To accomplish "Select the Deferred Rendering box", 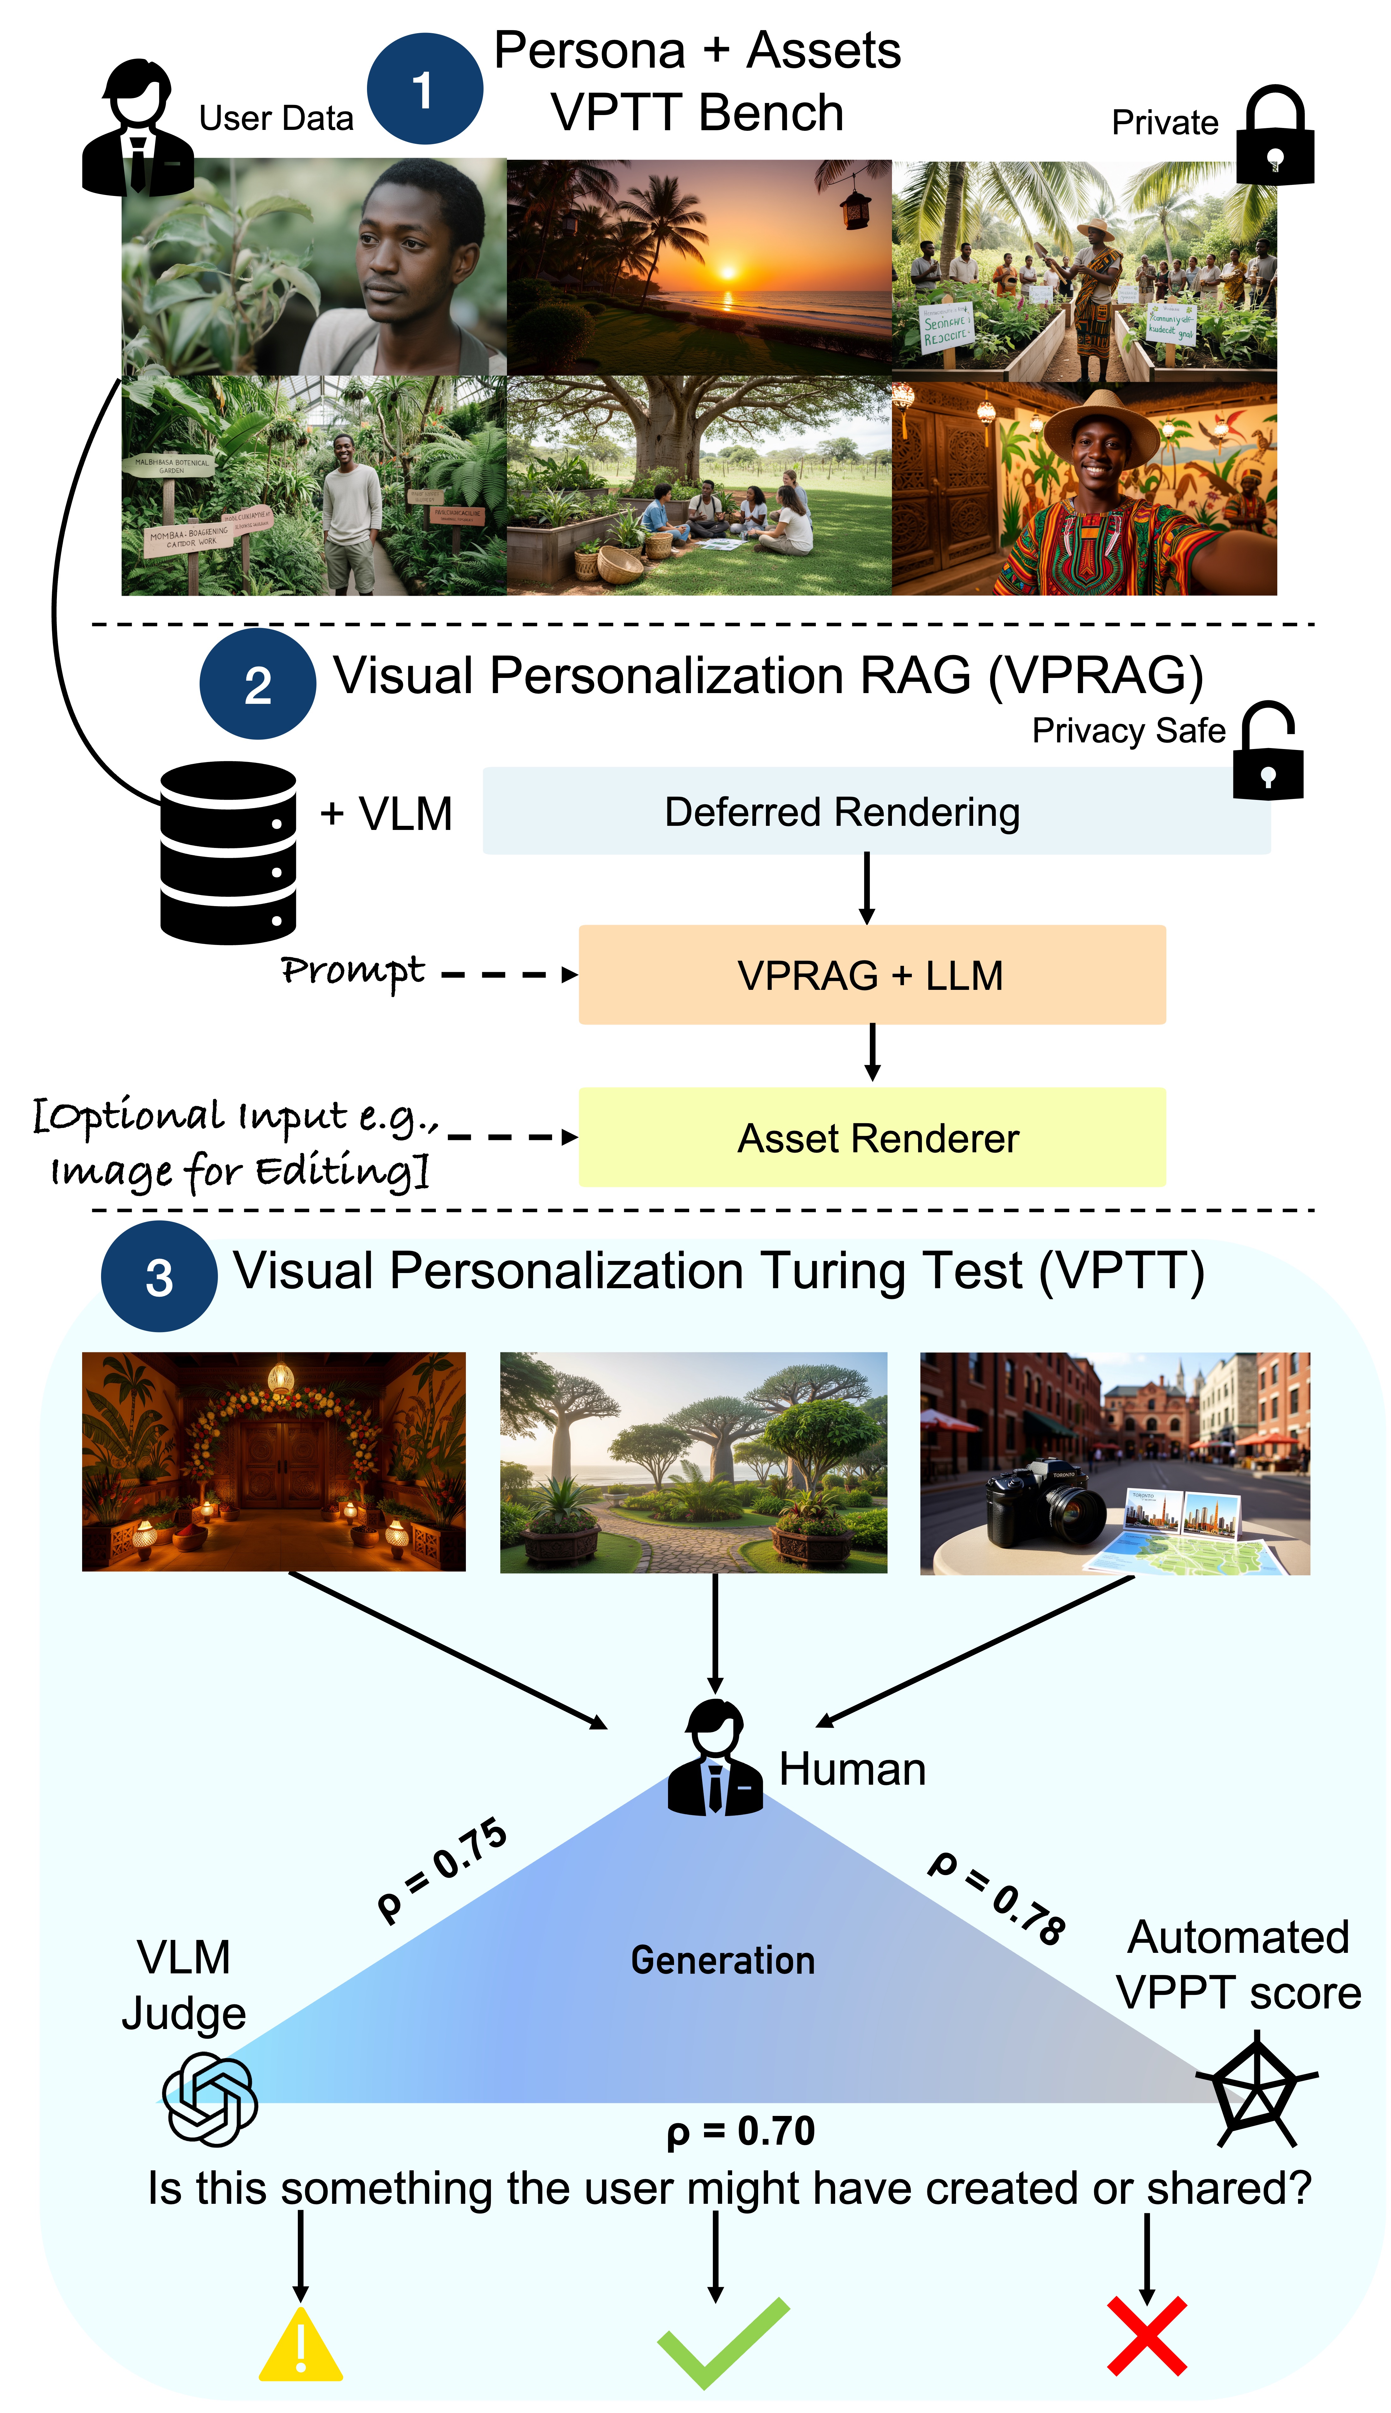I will point(876,811).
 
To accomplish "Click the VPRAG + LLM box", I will point(871,975).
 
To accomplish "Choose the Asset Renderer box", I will point(871,1137).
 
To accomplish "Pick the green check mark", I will point(721,2341).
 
